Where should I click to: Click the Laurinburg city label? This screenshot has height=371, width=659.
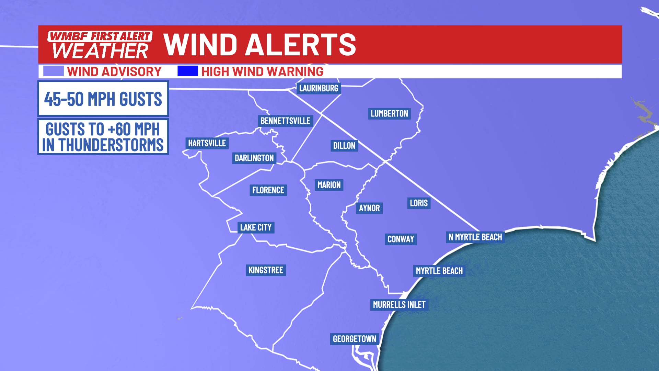click(x=319, y=88)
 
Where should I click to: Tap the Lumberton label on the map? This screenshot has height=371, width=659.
click(x=389, y=113)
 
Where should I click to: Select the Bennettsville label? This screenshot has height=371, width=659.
click(x=285, y=121)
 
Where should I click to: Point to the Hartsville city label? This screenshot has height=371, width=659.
click(x=207, y=143)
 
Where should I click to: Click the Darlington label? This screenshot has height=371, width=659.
click(x=254, y=158)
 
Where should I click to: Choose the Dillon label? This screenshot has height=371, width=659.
click(x=344, y=146)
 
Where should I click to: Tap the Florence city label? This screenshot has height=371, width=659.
click(x=268, y=190)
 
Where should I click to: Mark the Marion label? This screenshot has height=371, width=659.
click(x=329, y=185)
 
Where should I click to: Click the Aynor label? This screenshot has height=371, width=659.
click(x=369, y=208)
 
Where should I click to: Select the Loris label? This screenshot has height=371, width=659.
click(x=419, y=203)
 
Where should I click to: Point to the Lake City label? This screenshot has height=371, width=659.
click(x=256, y=227)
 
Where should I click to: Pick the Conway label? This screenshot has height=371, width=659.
click(x=401, y=239)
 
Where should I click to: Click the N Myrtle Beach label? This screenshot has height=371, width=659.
click(x=475, y=237)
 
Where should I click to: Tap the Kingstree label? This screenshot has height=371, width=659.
click(x=266, y=270)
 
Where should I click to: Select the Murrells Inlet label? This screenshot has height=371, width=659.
click(x=399, y=305)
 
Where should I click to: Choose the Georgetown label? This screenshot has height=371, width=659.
click(x=354, y=339)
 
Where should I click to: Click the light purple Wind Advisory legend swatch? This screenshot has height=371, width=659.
click(x=53, y=71)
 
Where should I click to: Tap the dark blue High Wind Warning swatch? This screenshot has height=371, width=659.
click(x=187, y=71)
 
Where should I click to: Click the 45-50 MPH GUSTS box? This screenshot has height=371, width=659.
click(x=103, y=99)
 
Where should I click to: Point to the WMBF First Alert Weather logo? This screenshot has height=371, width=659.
click(x=100, y=45)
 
